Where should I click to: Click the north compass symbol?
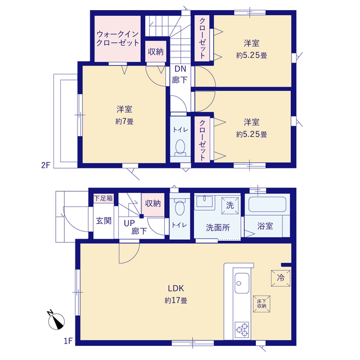pyautogui.click(x=56, y=321)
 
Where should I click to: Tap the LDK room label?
pyautogui.click(x=176, y=288)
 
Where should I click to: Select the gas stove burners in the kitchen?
pyautogui.click(x=242, y=330)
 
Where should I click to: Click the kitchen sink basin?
pyautogui.click(x=242, y=283)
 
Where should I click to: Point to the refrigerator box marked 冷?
pyautogui.click(x=281, y=278)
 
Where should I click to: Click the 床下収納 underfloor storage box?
pyautogui.click(x=262, y=304)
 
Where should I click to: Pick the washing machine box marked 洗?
pyautogui.click(x=230, y=205)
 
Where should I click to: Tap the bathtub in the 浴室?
pyautogui.click(x=267, y=204)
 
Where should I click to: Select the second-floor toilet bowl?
pyautogui.click(x=180, y=147)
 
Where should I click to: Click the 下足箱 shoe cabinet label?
pyautogui.click(x=103, y=198)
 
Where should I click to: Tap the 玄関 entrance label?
pyautogui.click(x=103, y=221)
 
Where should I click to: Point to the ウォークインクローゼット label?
pyautogui.click(x=118, y=39)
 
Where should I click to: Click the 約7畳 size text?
pyautogui.click(x=124, y=121)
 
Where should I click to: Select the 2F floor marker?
pyautogui.click(x=46, y=165)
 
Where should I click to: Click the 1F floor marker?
pyautogui.click(x=68, y=341)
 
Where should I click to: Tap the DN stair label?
pyautogui.click(x=181, y=69)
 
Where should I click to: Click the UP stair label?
pyautogui.click(x=129, y=223)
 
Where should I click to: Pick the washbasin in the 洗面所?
pyautogui.click(x=204, y=201)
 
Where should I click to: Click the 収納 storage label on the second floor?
pyautogui.click(x=156, y=52)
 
